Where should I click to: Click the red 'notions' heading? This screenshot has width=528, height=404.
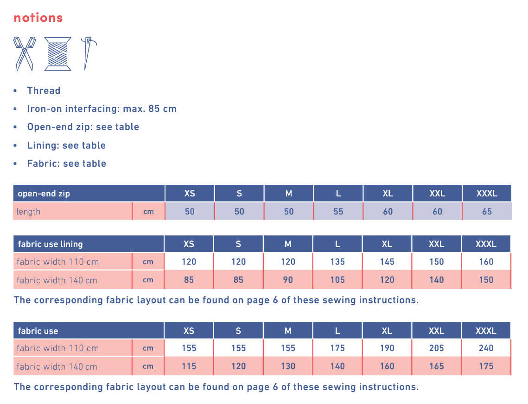click(38, 18)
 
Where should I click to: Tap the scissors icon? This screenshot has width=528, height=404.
click(25, 53)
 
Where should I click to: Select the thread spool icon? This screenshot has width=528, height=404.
click(58, 53)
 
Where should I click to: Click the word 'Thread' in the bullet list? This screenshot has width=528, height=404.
click(44, 91)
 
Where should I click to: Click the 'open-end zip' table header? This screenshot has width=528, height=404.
click(44, 193)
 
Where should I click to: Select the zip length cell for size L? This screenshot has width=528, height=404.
click(338, 211)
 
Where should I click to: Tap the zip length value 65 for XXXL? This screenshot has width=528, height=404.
click(487, 211)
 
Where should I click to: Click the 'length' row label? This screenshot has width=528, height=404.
click(29, 212)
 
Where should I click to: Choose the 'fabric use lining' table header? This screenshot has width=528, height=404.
click(50, 244)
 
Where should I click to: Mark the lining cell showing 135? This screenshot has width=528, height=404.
click(337, 261)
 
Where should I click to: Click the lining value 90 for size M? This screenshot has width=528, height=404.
click(288, 280)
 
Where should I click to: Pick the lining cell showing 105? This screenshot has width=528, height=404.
click(337, 280)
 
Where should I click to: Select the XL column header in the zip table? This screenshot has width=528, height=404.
click(388, 193)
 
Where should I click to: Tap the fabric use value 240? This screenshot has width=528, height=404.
click(486, 348)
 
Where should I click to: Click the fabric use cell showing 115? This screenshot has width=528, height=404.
click(189, 366)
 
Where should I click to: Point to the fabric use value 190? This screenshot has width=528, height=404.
click(387, 348)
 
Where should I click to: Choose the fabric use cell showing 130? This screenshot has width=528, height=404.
click(288, 366)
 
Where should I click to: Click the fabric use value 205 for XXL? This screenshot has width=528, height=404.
click(437, 348)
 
